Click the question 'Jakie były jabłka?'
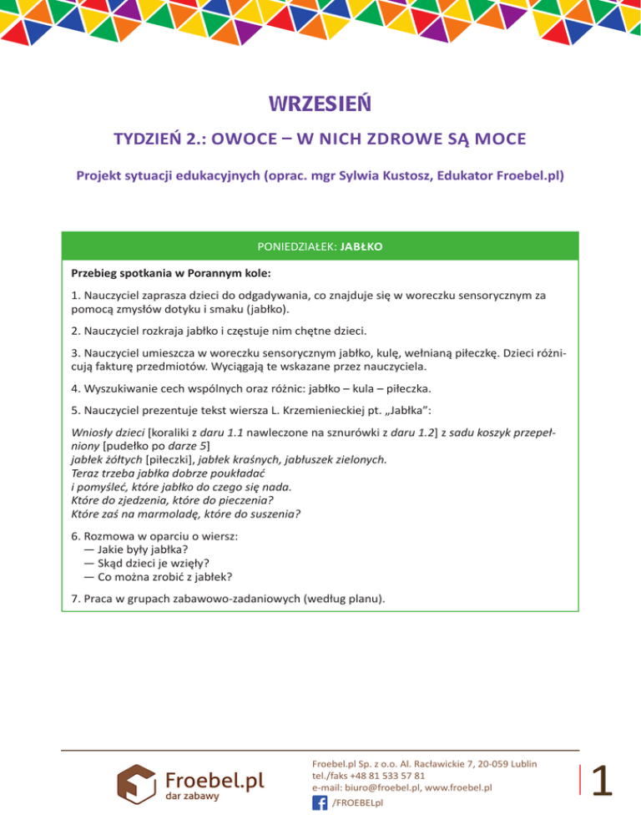tap(142, 549)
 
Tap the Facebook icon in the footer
tap(319, 802)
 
